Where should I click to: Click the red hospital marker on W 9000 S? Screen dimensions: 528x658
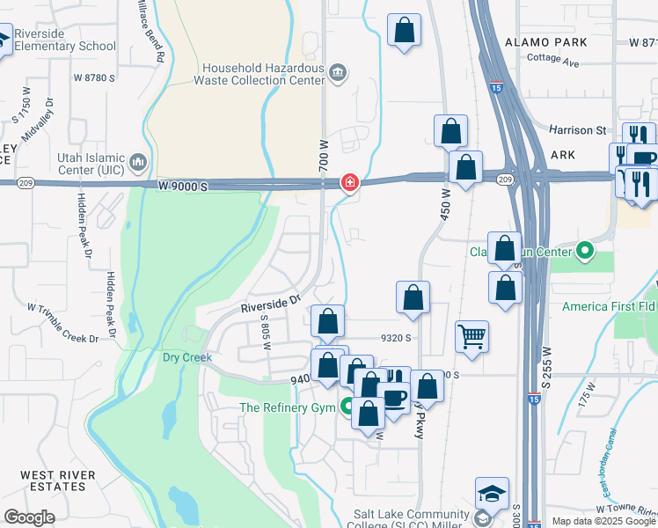349,182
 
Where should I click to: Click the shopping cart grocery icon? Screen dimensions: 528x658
472,334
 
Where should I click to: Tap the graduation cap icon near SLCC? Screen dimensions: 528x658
492,493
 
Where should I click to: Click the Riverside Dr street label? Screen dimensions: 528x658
271,304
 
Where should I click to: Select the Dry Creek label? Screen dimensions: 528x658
186,357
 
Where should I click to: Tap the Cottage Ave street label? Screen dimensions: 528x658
552,62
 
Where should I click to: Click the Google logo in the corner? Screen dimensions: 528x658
29,517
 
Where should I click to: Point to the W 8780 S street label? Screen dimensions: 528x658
95,77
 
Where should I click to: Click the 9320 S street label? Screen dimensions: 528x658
396,337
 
